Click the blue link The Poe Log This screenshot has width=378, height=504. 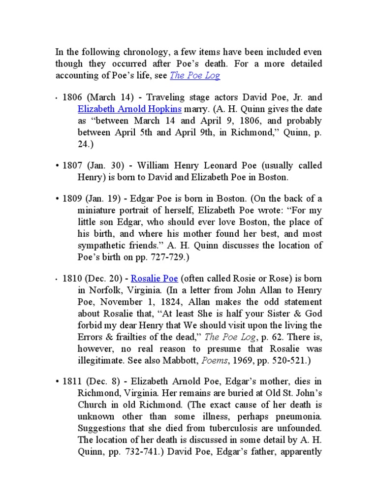(x=195, y=75)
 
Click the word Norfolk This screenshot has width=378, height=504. (x=101, y=290)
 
